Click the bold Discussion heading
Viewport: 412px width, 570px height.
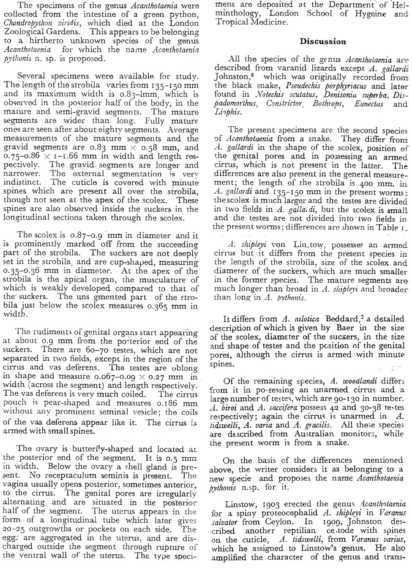(x=323, y=41)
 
